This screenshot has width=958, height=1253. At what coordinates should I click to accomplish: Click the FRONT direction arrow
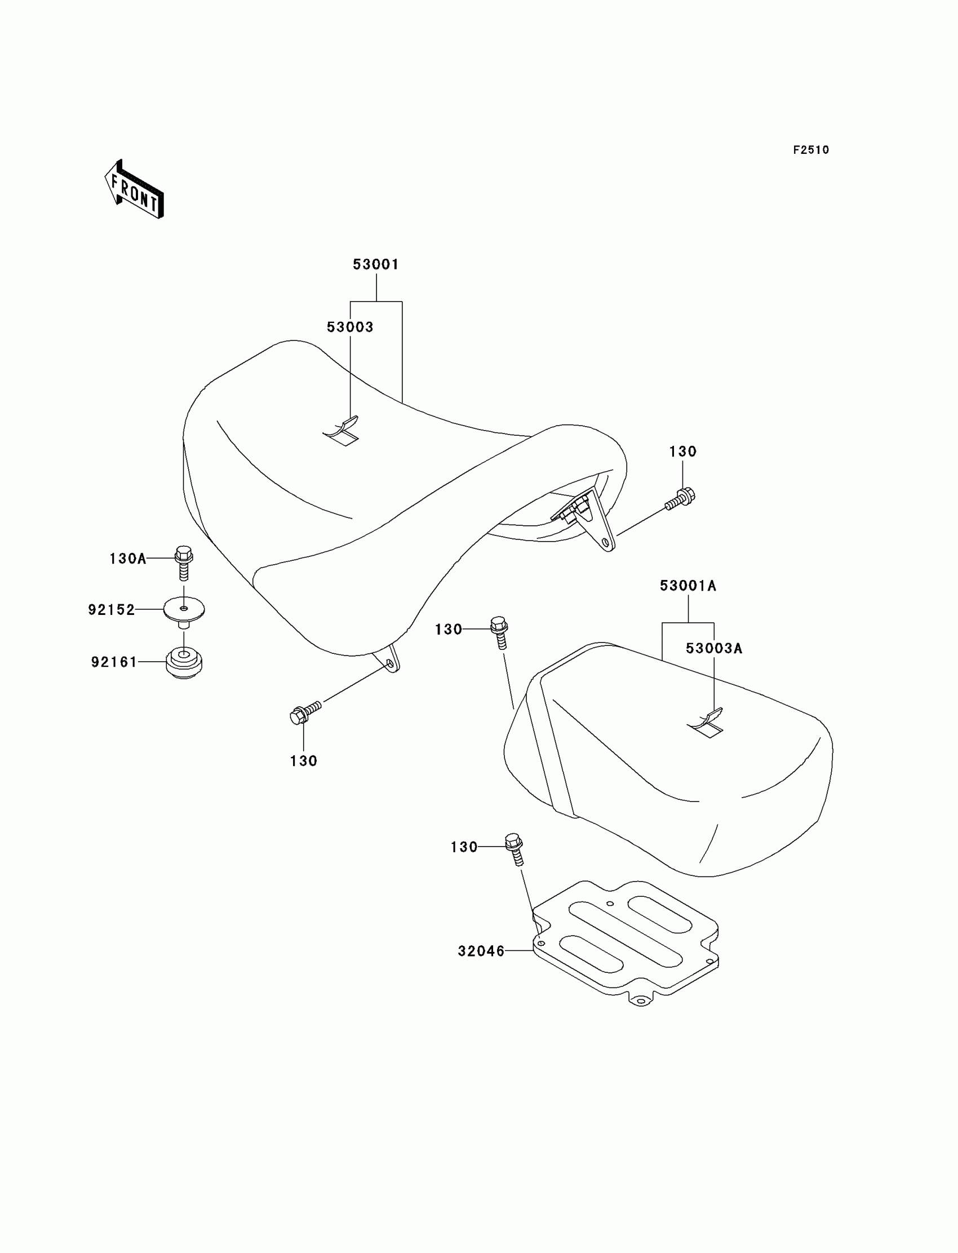(135, 189)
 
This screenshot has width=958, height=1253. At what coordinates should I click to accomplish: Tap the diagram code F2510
(810, 150)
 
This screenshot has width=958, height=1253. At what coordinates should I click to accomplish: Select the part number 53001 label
(376, 264)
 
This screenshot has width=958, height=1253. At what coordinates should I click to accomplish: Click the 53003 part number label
(349, 327)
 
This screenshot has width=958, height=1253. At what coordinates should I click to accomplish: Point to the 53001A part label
(688, 586)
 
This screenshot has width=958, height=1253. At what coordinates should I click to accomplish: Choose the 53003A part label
(714, 648)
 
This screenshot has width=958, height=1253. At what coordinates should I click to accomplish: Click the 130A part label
(128, 559)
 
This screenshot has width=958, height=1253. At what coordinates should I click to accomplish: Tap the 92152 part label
(111, 610)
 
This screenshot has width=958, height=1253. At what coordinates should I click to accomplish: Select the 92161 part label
(114, 662)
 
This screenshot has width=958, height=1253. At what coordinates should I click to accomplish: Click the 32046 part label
(481, 951)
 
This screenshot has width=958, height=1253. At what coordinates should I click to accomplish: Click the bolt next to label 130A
(184, 562)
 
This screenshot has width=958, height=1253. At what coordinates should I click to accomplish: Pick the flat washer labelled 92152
(184, 610)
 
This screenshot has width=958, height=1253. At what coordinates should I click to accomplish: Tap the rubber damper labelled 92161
(184, 663)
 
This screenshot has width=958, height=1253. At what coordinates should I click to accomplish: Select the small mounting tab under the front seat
(390, 662)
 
